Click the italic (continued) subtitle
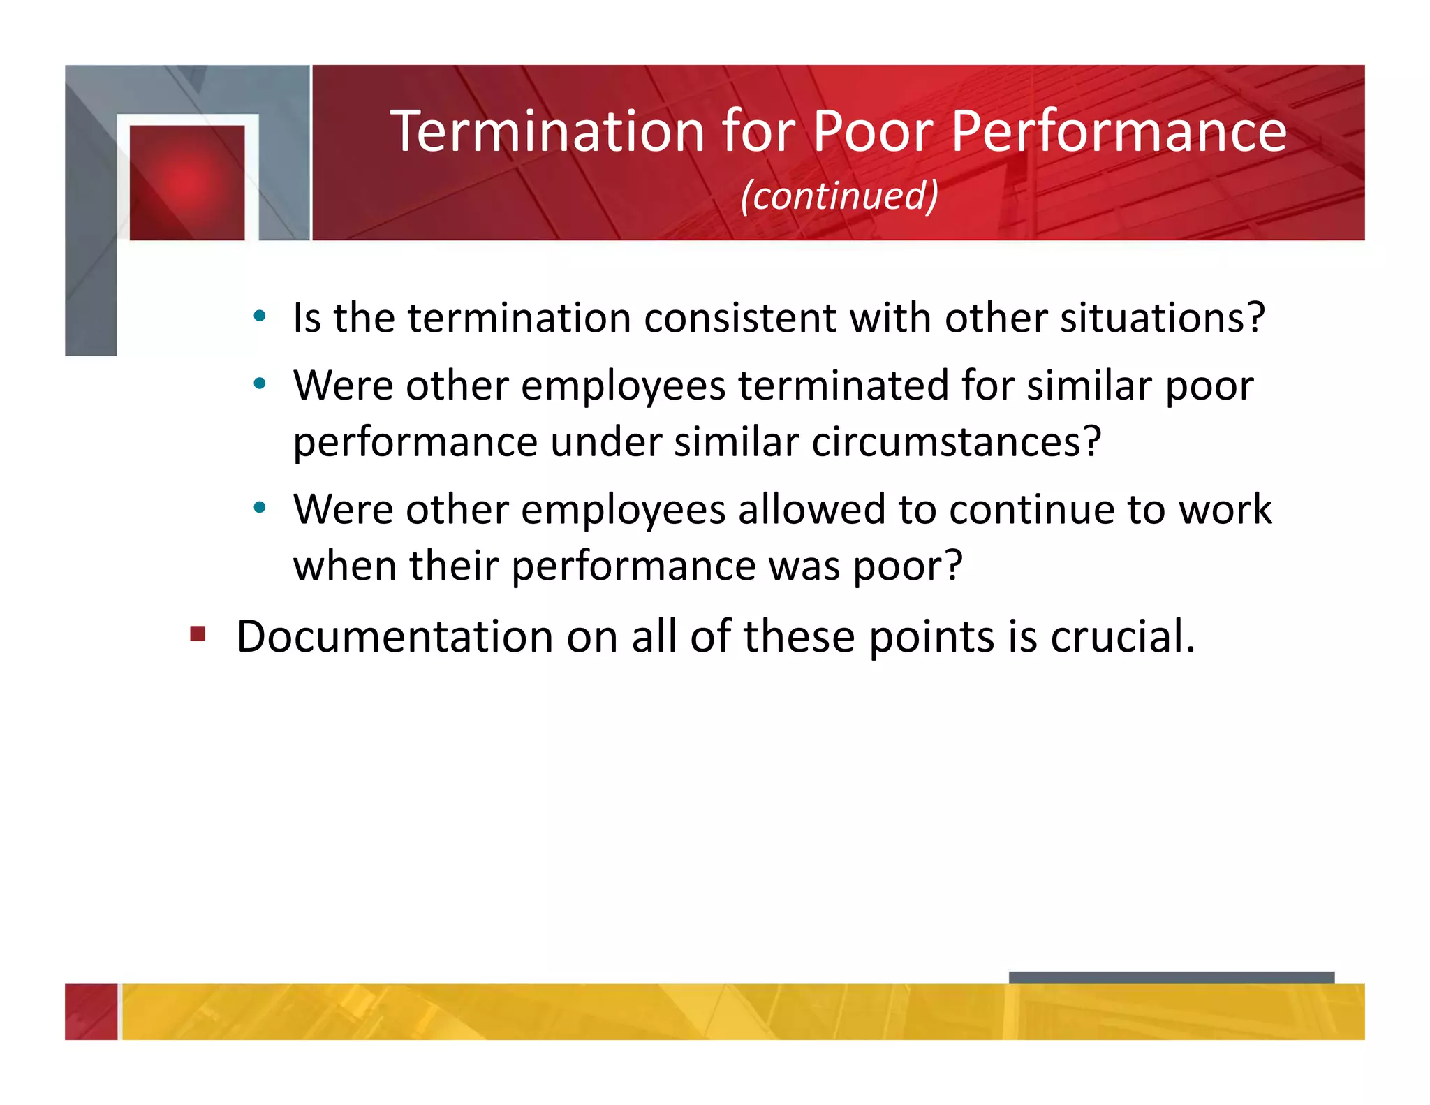839,196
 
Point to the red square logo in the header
187,182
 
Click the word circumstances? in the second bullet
956,442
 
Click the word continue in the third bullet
1031,509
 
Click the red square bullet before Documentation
198,634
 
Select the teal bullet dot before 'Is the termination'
260,316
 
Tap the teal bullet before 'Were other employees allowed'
260,508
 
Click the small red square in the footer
91,1011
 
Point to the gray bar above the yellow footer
1171,977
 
